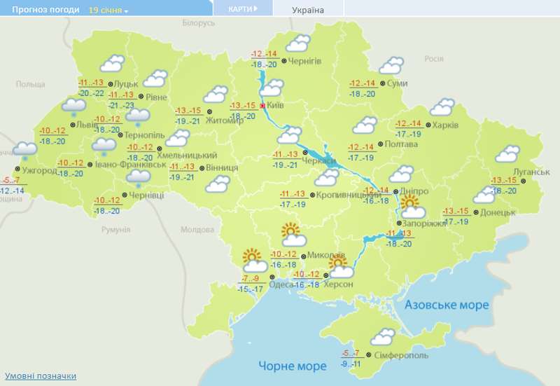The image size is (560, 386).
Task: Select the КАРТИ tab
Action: click(x=242, y=8)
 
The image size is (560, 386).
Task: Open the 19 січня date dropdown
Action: click(x=108, y=11)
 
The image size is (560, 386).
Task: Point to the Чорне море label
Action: click(x=292, y=366)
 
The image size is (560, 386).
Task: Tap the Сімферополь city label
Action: click(x=402, y=355)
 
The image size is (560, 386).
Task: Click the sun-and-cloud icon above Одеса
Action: click(x=254, y=261)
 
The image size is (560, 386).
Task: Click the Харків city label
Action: click(x=445, y=125)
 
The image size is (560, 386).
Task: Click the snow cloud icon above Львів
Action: click(x=73, y=106)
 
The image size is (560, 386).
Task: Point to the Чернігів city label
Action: click(x=305, y=62)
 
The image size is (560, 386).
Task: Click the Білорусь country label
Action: click(x=199, y=23)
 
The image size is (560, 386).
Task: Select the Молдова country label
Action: click(x=197, y=230)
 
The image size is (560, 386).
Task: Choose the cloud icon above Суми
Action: click(x=391, y=67)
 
